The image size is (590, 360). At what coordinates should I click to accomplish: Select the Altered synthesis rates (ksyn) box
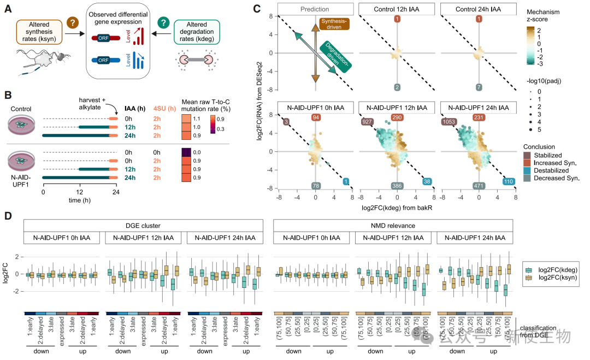point(40,32)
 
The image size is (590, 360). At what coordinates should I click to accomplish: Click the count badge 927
point(368,121)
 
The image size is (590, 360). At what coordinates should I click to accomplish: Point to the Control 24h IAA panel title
point(479,9)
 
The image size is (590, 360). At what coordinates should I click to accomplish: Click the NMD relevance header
point(392,225)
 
